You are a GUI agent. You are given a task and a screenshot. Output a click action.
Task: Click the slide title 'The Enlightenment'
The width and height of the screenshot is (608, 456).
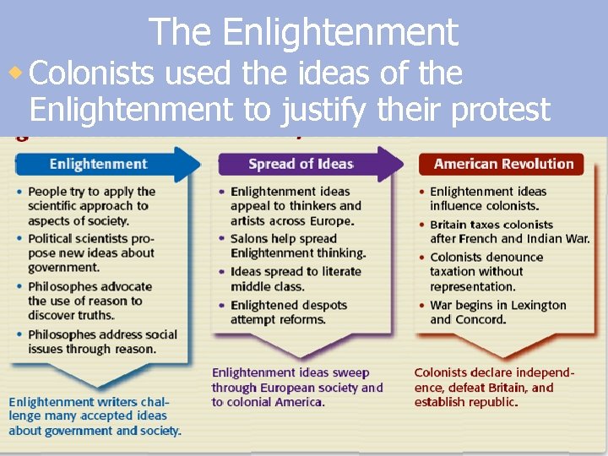tap(304, 32)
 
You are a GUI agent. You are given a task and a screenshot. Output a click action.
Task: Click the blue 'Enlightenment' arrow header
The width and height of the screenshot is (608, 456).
tap(100, 164)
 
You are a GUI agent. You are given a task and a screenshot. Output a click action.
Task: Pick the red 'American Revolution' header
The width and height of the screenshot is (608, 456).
tap(503, 164)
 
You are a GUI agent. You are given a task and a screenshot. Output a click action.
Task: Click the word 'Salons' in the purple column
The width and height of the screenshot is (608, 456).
tap(250, 239)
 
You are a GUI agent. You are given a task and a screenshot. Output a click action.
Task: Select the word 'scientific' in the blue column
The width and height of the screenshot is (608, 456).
tap(57, 205)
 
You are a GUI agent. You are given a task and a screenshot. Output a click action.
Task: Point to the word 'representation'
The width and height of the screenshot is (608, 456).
tap(474, 285)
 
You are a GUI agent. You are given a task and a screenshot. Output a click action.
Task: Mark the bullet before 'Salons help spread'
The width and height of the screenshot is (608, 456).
tap(222, 239)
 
